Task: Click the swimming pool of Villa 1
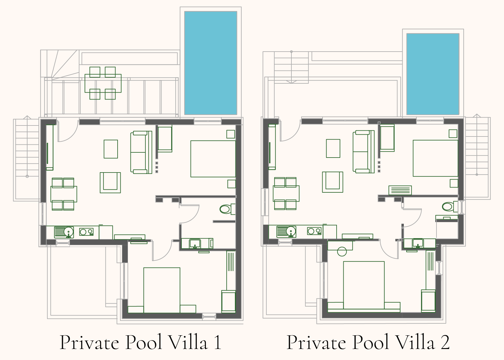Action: [x=210, y=63]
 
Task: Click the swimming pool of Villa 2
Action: [x=433, y=74]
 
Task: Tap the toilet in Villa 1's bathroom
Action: [x=228, y=209]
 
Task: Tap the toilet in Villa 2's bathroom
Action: [x=450, y=206]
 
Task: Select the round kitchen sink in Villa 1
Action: [x=69, y=232]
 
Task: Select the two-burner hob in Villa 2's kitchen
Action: [x=315, y=231]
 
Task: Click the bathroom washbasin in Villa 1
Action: [x=195, y=244]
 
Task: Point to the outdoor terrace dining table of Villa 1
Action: [x=103, y=83]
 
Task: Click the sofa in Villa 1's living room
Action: [x=141, y=152]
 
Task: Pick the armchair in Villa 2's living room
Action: [x=333, y=182]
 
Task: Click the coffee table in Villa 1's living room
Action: [x=111, y=149]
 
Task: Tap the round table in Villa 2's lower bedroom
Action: [x=342, y=251]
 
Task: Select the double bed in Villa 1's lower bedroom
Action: [x=162, y=290]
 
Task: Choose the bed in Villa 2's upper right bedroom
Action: [x=435, y=158]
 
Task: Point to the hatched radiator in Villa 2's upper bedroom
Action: [x=400, y=190]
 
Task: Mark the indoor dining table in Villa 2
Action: [x=286, y=193]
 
